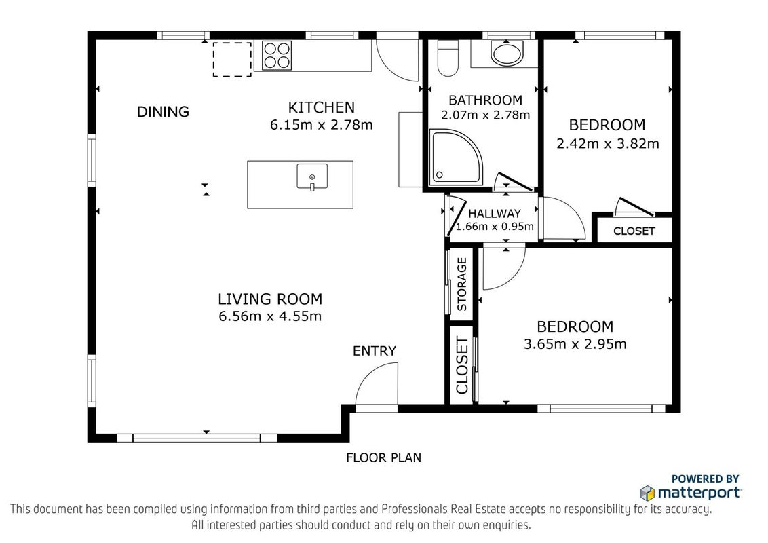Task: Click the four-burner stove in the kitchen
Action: tap(277, 55)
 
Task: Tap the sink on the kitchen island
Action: tap(312, 176)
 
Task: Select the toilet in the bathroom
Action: tap(447, 58)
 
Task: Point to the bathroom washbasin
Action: tap(507, 52)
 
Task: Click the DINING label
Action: tap(163, 112)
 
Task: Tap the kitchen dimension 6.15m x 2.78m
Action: tap(322, 124)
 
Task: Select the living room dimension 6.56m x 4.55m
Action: tap(270, 316)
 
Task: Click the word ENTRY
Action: tap(375, 351)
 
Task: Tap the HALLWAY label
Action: tap(494, 214)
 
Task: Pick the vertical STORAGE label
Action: tap(461, 284)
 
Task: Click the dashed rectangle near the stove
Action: tap(232, 59)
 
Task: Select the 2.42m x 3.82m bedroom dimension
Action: tap(607, 144)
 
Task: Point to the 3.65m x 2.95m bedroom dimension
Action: tap(575, 344)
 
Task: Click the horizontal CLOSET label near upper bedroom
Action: tap(634, 231)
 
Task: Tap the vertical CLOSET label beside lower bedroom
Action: tap(462, 366)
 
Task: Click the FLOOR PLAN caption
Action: tap(383, 457)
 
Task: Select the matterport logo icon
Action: tap(647, 493)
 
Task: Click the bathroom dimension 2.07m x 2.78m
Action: tap(485, 115)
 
